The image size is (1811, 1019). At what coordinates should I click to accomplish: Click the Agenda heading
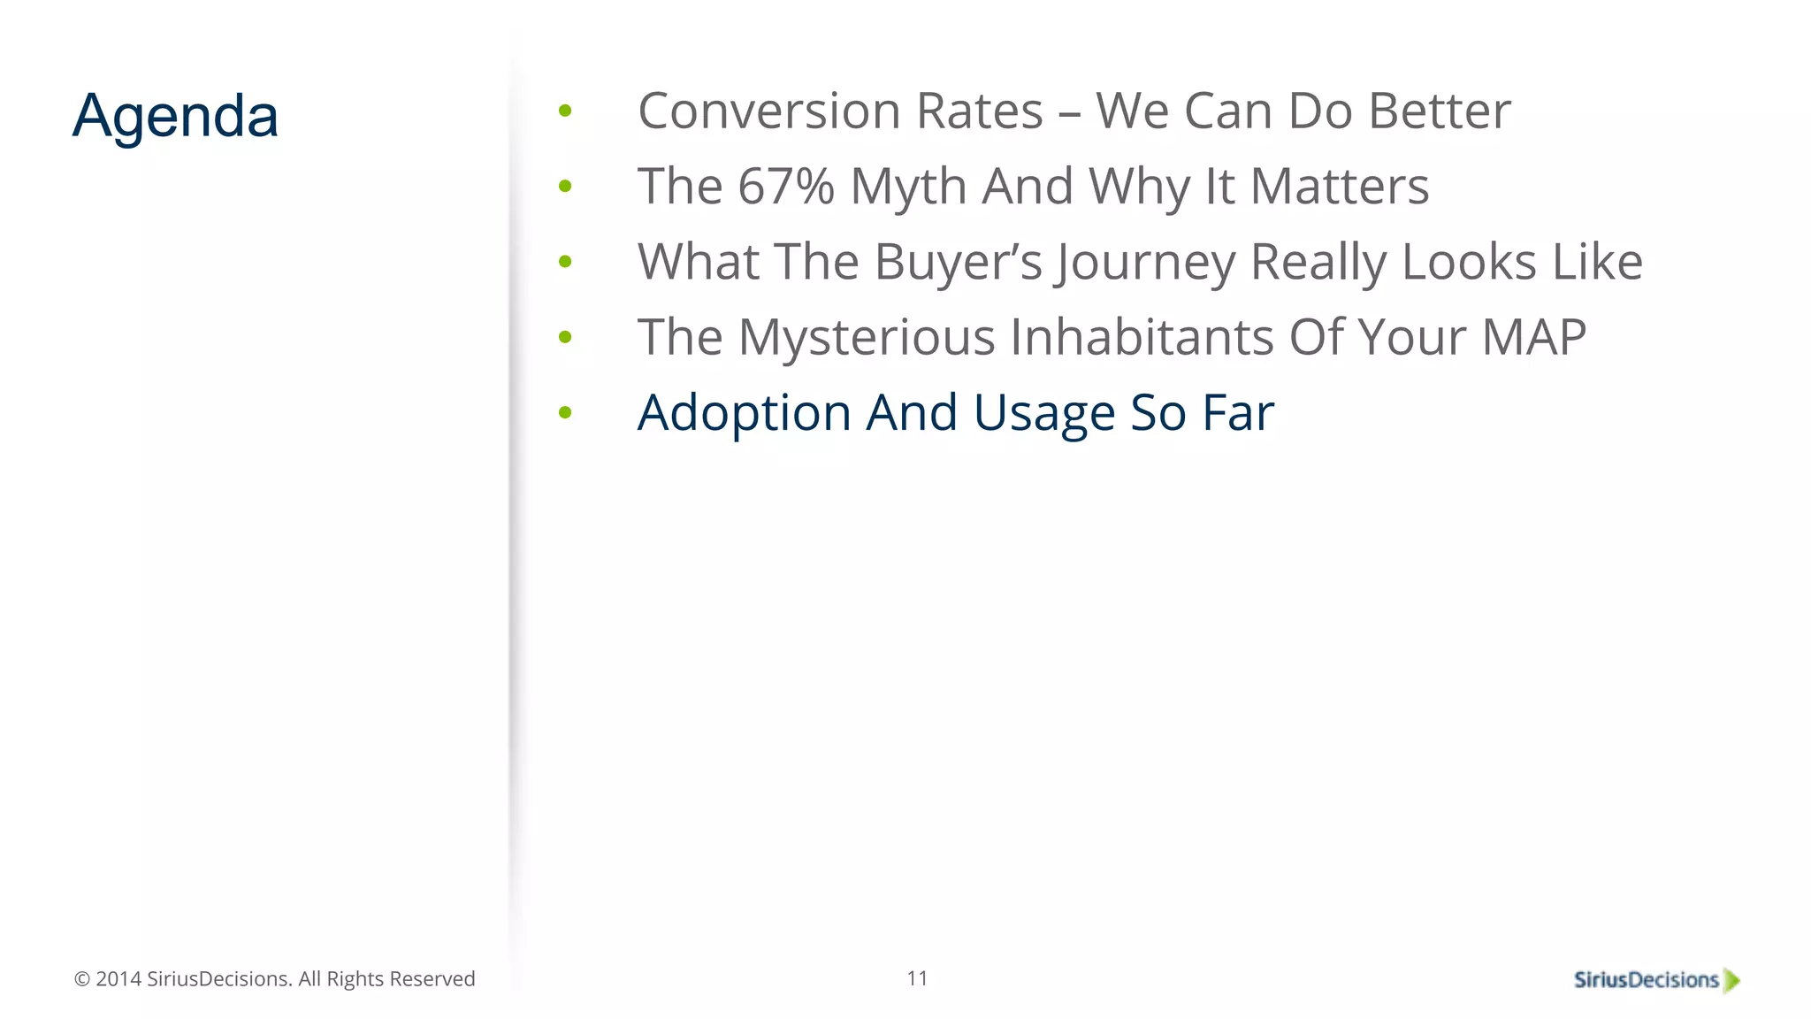tap(175, 116)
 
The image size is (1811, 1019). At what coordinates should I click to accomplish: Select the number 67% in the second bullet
tap(785, 187)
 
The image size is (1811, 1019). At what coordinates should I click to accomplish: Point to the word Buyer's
tap(958, 263)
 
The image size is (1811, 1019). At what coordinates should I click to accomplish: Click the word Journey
tap(1144, 264)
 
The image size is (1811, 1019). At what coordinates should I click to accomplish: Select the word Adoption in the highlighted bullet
tap(744, 414)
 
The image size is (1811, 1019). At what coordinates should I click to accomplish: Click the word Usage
tap(1043, 414)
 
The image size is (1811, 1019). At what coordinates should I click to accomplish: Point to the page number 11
tap(917, 978)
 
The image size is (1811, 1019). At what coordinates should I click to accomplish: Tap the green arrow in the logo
tap(1731, 980)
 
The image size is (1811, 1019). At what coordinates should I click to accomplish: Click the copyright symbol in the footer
tap(82, 979)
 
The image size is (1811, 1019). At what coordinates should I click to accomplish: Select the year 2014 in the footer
tap(118, 979)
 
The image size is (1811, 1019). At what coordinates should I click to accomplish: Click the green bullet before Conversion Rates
tap(565, 111)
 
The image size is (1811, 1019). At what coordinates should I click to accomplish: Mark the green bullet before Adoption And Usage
tap(565, 412)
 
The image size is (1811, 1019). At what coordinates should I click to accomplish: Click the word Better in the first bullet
tap(1439, 111)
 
